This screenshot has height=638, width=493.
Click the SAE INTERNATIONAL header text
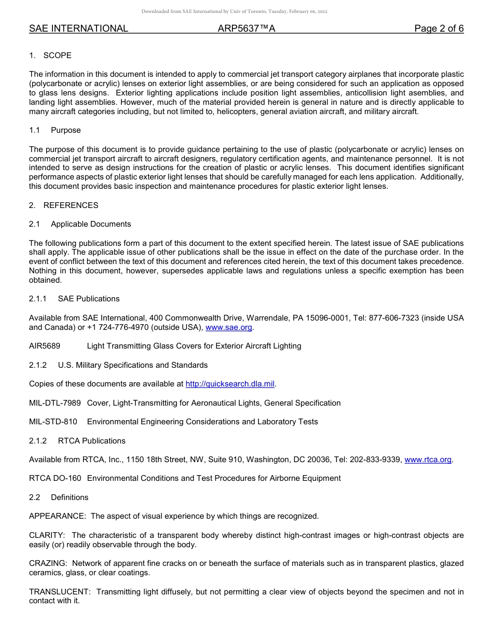tap(78, 29)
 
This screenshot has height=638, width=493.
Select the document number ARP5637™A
tap(246, 29)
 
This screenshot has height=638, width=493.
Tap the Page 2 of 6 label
tap(439, 29)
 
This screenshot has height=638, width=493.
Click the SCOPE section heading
tap(57, 56)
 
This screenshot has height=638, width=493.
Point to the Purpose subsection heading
tap(65, 130)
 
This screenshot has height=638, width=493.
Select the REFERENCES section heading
tap(71, 205)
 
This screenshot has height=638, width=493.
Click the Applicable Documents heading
tap(91, 224)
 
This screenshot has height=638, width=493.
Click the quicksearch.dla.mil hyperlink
tap(230, 384)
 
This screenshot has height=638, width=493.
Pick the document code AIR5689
tap(45, 346)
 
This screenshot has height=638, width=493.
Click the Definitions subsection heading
tap(70, 497)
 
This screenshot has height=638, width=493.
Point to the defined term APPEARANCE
tap(57, 516)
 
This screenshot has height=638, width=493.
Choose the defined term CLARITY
tap(46, 535)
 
